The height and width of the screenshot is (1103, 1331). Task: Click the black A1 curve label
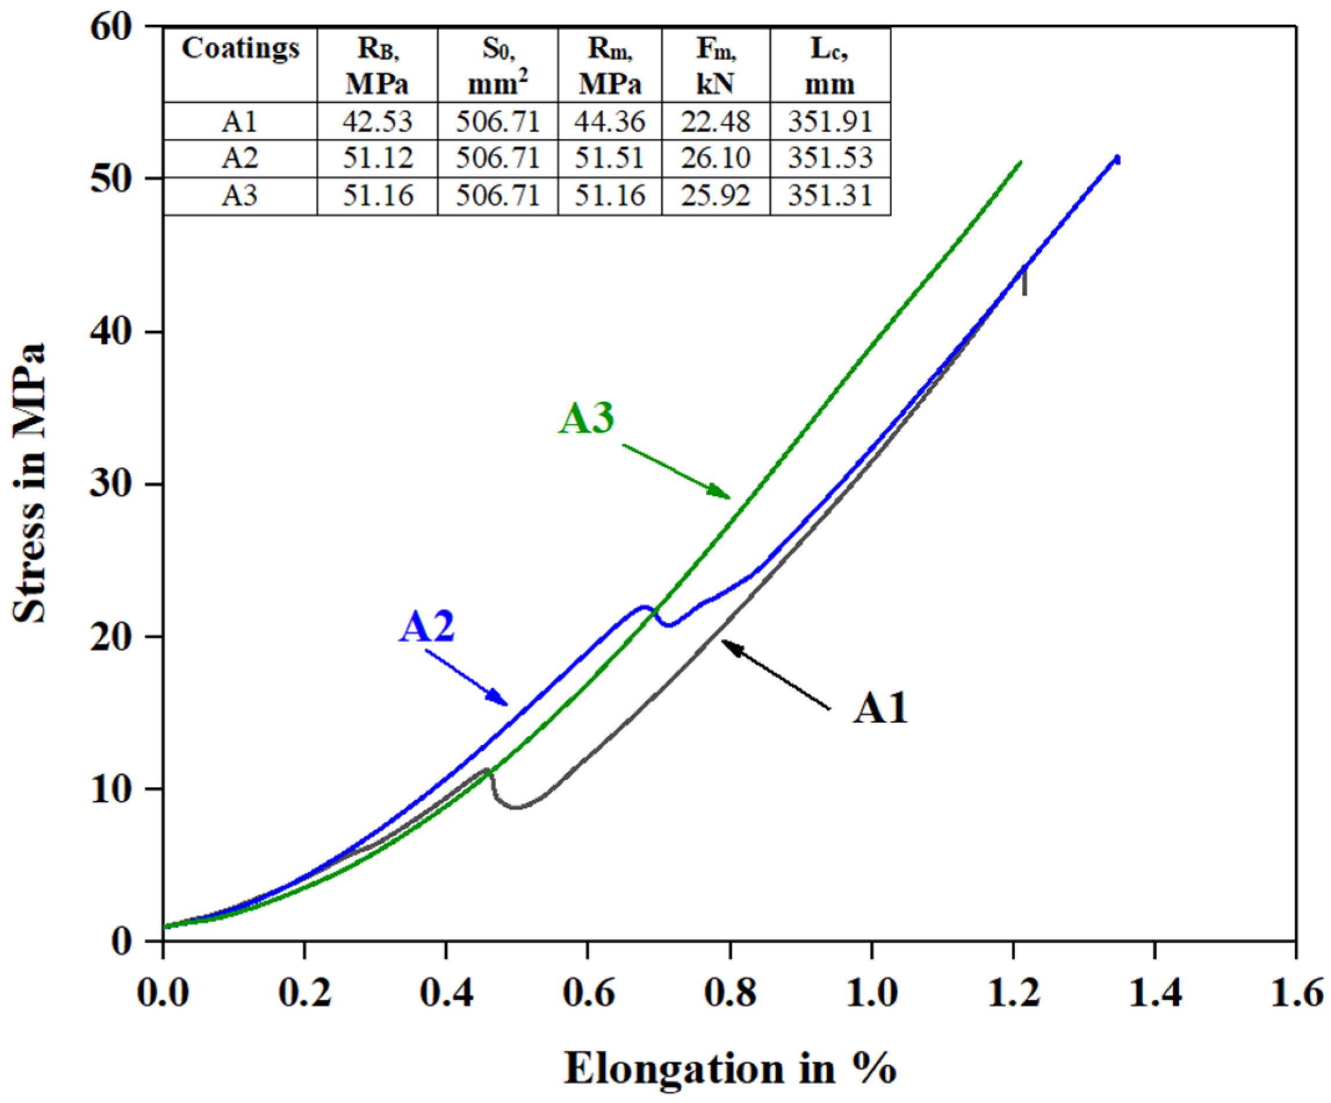(881, 708)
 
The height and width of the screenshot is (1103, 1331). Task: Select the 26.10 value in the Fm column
(716, 158)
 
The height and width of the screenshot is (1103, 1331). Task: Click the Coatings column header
(240, 49)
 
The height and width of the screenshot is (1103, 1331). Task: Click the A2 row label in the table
(240, 158)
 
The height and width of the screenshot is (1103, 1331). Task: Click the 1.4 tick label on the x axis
(1155, 993)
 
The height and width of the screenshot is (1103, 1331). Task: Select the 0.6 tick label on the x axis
(588, 993)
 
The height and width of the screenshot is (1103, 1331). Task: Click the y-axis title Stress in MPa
(30, 483)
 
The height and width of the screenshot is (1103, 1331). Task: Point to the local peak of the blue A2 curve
(644, 607)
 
